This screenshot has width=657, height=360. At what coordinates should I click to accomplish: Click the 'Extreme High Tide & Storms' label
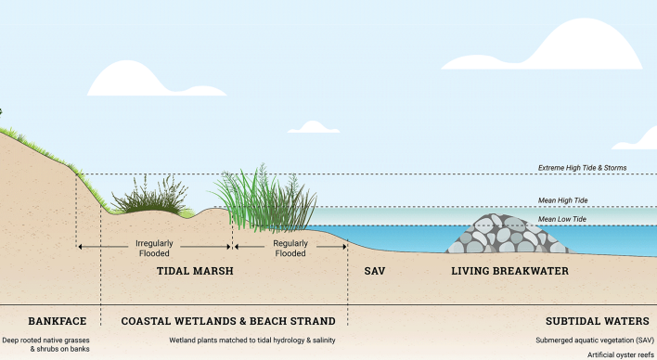tap(582, 168)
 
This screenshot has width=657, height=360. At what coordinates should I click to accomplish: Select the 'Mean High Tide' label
tap(562, 199)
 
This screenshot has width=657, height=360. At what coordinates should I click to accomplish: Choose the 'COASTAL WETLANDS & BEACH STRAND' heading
tap(227, 321)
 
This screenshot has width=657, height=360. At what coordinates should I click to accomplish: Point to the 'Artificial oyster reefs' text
tap(620, 354)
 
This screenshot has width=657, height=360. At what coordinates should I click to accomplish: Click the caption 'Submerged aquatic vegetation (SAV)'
tap(594, 340)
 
